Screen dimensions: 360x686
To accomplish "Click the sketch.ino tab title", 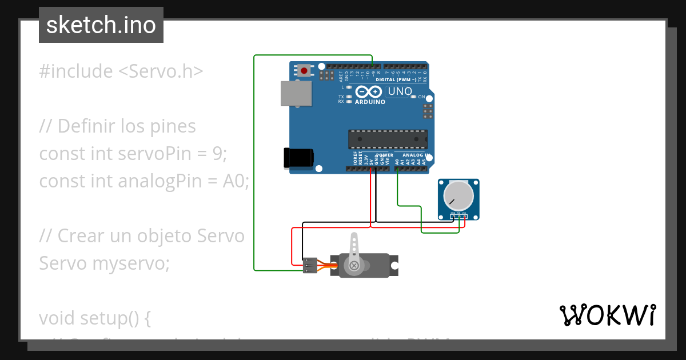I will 101,25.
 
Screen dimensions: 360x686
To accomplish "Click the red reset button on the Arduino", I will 304,71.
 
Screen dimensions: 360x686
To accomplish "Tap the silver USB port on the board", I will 297,93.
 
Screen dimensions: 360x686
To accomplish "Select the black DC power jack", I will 298,158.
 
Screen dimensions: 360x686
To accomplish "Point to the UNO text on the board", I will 400,91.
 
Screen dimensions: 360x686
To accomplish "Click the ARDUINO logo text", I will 370,102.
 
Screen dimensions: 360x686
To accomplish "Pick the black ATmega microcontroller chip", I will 388,139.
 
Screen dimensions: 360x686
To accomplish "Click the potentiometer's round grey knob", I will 459,195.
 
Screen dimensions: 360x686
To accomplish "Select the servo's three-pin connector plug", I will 310,265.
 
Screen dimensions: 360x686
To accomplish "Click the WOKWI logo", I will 607,315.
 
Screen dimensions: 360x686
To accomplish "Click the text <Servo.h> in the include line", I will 161,71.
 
